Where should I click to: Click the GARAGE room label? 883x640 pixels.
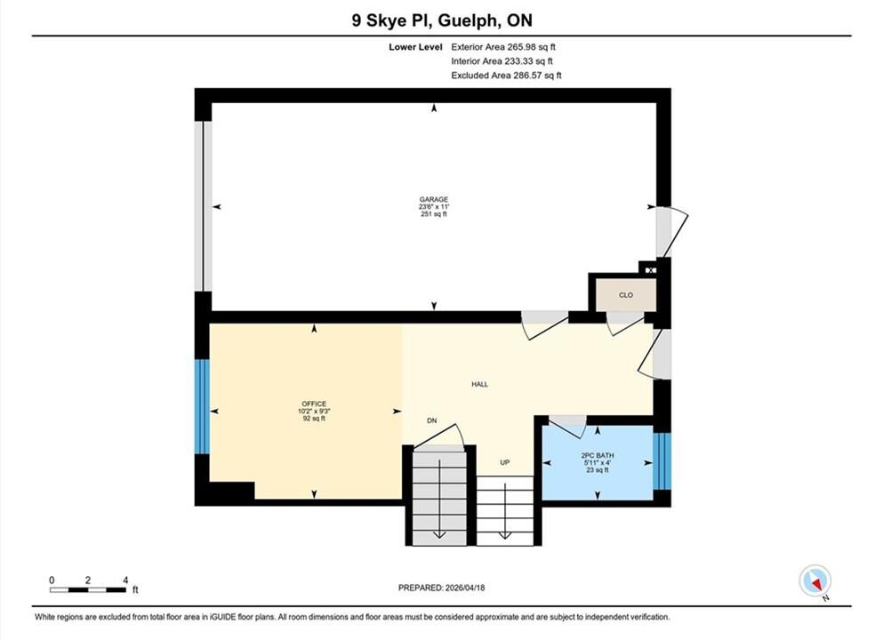click(434, 199)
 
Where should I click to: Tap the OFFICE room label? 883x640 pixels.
click(314, 404)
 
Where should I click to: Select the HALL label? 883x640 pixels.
click(480, 385)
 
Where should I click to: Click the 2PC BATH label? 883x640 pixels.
click(598, 455)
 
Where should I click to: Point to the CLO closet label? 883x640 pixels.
click(626, 295)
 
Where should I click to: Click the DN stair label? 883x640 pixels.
click(432, 420)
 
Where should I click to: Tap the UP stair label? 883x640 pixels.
click(504, 463)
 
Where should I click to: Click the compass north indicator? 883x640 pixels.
click(815, 581)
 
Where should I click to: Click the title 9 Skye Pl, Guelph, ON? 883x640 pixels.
click(442, 20)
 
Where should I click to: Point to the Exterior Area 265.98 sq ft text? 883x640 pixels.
click(503, 47)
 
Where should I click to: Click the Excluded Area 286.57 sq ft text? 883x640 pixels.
click(506, 76)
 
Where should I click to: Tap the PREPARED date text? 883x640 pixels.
click(441, 588)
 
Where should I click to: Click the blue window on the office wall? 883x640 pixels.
click(202, 406)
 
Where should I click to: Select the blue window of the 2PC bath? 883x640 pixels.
click(662, 460)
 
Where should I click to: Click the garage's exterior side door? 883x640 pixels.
click(672, 232)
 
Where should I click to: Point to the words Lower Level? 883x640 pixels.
click(415, 47)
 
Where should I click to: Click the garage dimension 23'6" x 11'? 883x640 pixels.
click(434, 206)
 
